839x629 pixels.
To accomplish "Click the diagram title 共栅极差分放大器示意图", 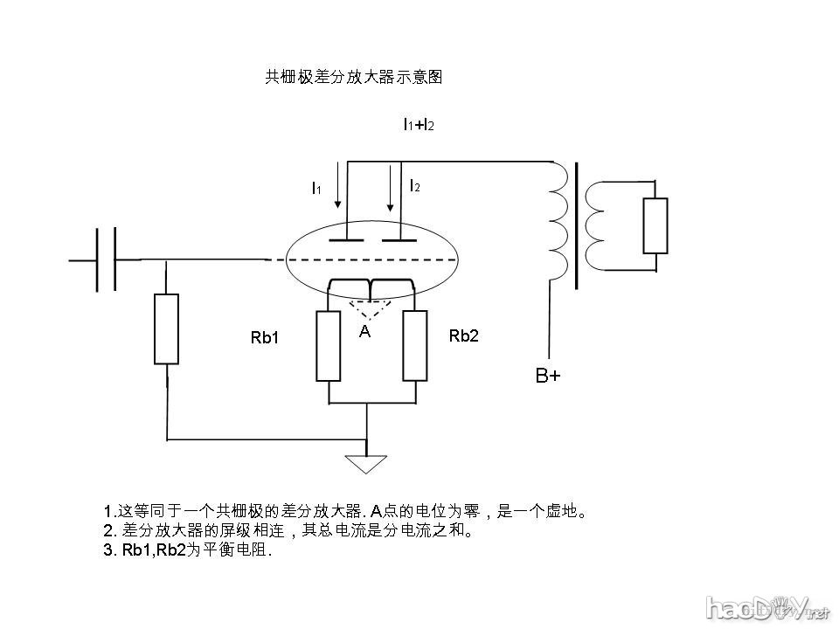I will [x=354, y=78].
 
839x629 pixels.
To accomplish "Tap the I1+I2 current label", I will [x=419, y=125].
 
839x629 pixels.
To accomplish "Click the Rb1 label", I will [x=264, y=338].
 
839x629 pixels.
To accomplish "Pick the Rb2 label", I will [x=463, y=335].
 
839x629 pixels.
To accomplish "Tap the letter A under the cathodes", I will [x=366, y=332].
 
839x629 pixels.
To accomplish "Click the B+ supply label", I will [x=548, y=377].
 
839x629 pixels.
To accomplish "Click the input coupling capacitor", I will [x=106, y=259].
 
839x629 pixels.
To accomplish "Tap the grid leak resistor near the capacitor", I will [x=166, y=328].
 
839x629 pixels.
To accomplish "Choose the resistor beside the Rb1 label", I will [x=328, y=345].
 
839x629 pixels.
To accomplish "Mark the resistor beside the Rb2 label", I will [x=415, y=345].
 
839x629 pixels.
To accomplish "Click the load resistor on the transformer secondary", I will [x=655, y=226].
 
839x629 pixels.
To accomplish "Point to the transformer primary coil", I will [x=558, y=223].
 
